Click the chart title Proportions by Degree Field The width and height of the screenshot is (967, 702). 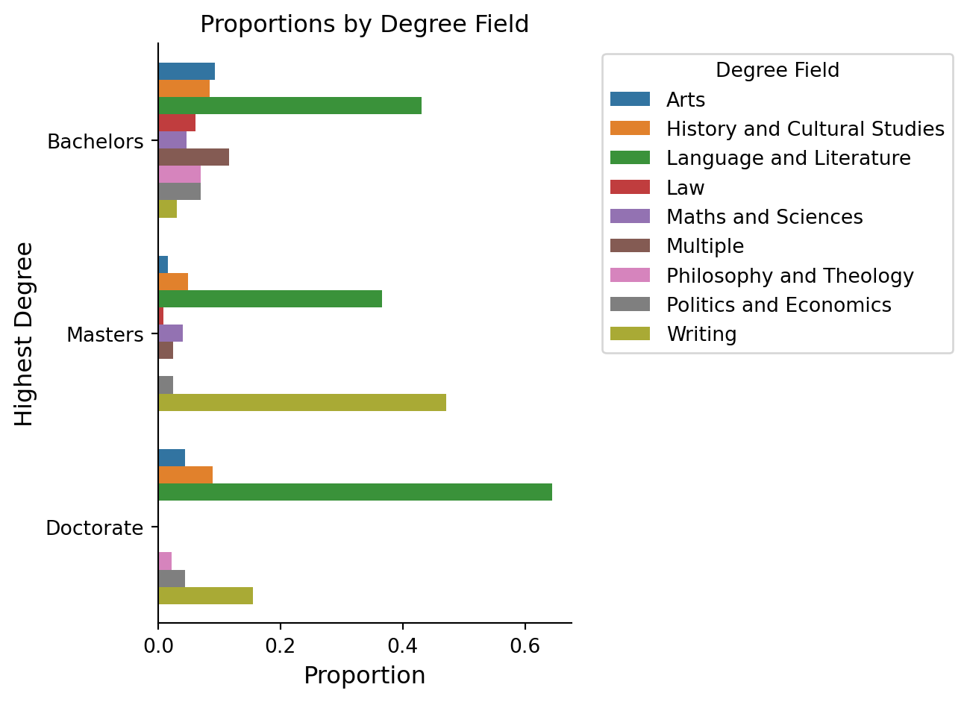click(x=364, y=25)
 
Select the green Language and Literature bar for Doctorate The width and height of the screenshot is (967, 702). click(x=355, y=492)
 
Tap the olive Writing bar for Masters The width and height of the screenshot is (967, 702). click(x=302, y=403)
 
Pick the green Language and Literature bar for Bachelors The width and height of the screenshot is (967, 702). click(x=290, y=106)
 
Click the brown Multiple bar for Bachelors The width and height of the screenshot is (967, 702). click(x=193, y=157)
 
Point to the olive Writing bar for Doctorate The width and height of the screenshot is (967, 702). click(x=205, y=596)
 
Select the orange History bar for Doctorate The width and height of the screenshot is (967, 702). click(x=185, y=475)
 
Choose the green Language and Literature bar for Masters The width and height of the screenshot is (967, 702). click(x=270, y=299)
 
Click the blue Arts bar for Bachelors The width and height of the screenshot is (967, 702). click(x=187, y=72)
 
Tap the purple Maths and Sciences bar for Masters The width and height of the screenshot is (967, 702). click(x=170, y=333)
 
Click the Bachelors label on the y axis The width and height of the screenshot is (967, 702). click(x=96, y=142)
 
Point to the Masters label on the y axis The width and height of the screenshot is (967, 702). click(x=105, y=335)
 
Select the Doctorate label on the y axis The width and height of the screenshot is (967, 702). click(x=95, y=528)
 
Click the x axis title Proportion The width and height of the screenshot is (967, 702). click(x=364, y=676)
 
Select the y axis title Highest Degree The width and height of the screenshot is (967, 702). click(x=25, y=333)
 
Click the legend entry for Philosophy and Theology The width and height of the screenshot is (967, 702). click(x=789, y=276)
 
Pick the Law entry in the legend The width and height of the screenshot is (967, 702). click(x=685, y=188)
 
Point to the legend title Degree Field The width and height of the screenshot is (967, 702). click(x=777, y=70)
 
